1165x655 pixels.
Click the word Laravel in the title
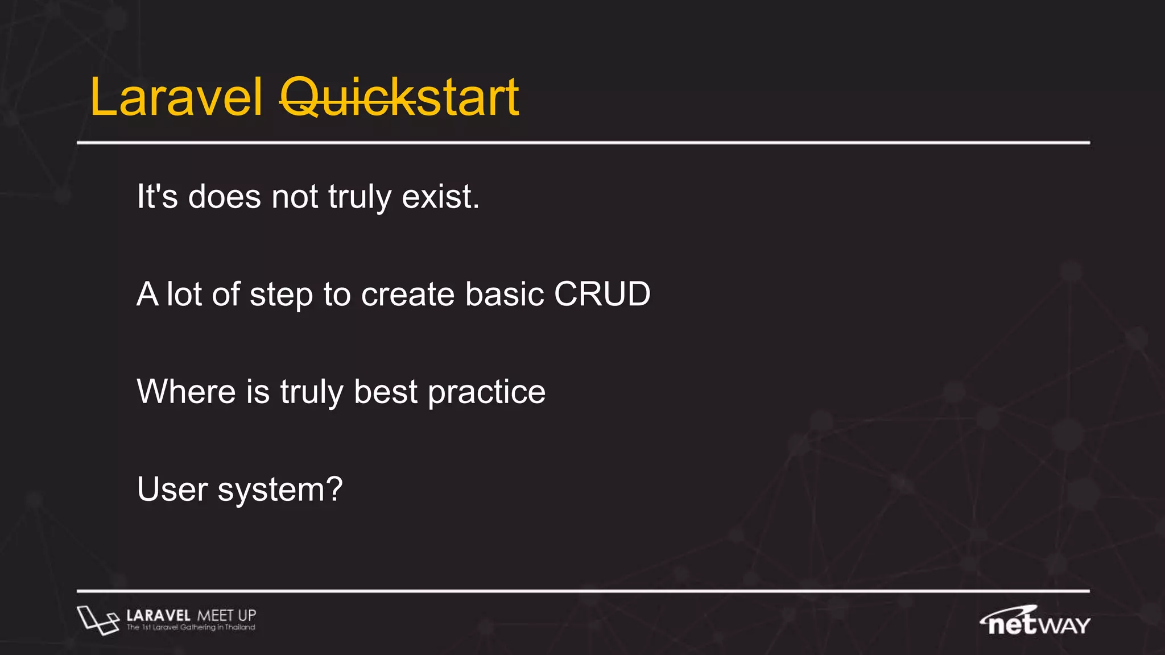point(176,98)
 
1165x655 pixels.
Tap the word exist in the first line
point(440,197)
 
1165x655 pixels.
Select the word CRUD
point(602,295)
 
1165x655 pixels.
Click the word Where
point(186,392)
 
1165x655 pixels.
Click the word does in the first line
point(224,197)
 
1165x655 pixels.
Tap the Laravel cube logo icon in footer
point(97,620)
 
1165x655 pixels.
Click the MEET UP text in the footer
point(226,615)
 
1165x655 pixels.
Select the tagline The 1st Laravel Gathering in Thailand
point(191,628)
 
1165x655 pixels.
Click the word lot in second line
point(184,295)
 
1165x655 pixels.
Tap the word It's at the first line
point(157,197)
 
